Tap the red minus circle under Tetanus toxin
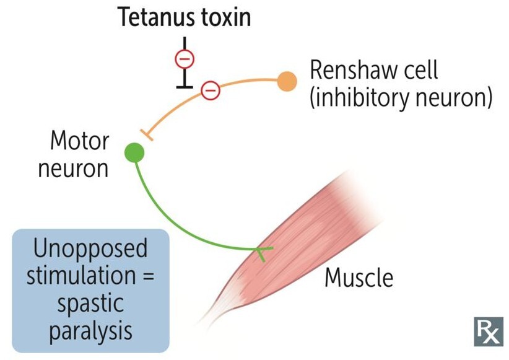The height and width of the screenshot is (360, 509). pyautogui.click(x=185, y=59)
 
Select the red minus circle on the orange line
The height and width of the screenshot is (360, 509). pyautogui.click(x=211, y=90)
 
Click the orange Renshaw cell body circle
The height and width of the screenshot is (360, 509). pyautogui.click(x=287, y=81)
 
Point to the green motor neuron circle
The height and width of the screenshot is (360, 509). pyautogui.click(x=134, y=152)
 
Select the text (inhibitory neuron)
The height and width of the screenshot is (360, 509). pyautogui.click(x=401, y=98)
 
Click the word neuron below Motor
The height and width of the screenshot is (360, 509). pyautogui.click(x=73, y=169)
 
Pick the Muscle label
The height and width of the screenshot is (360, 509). pyautogui.click(x=359, y=278)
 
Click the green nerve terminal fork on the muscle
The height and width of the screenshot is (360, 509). pyautogui.click(x=262, y=251)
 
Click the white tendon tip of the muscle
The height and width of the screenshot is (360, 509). pyautogui.click(x=207, y=319)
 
